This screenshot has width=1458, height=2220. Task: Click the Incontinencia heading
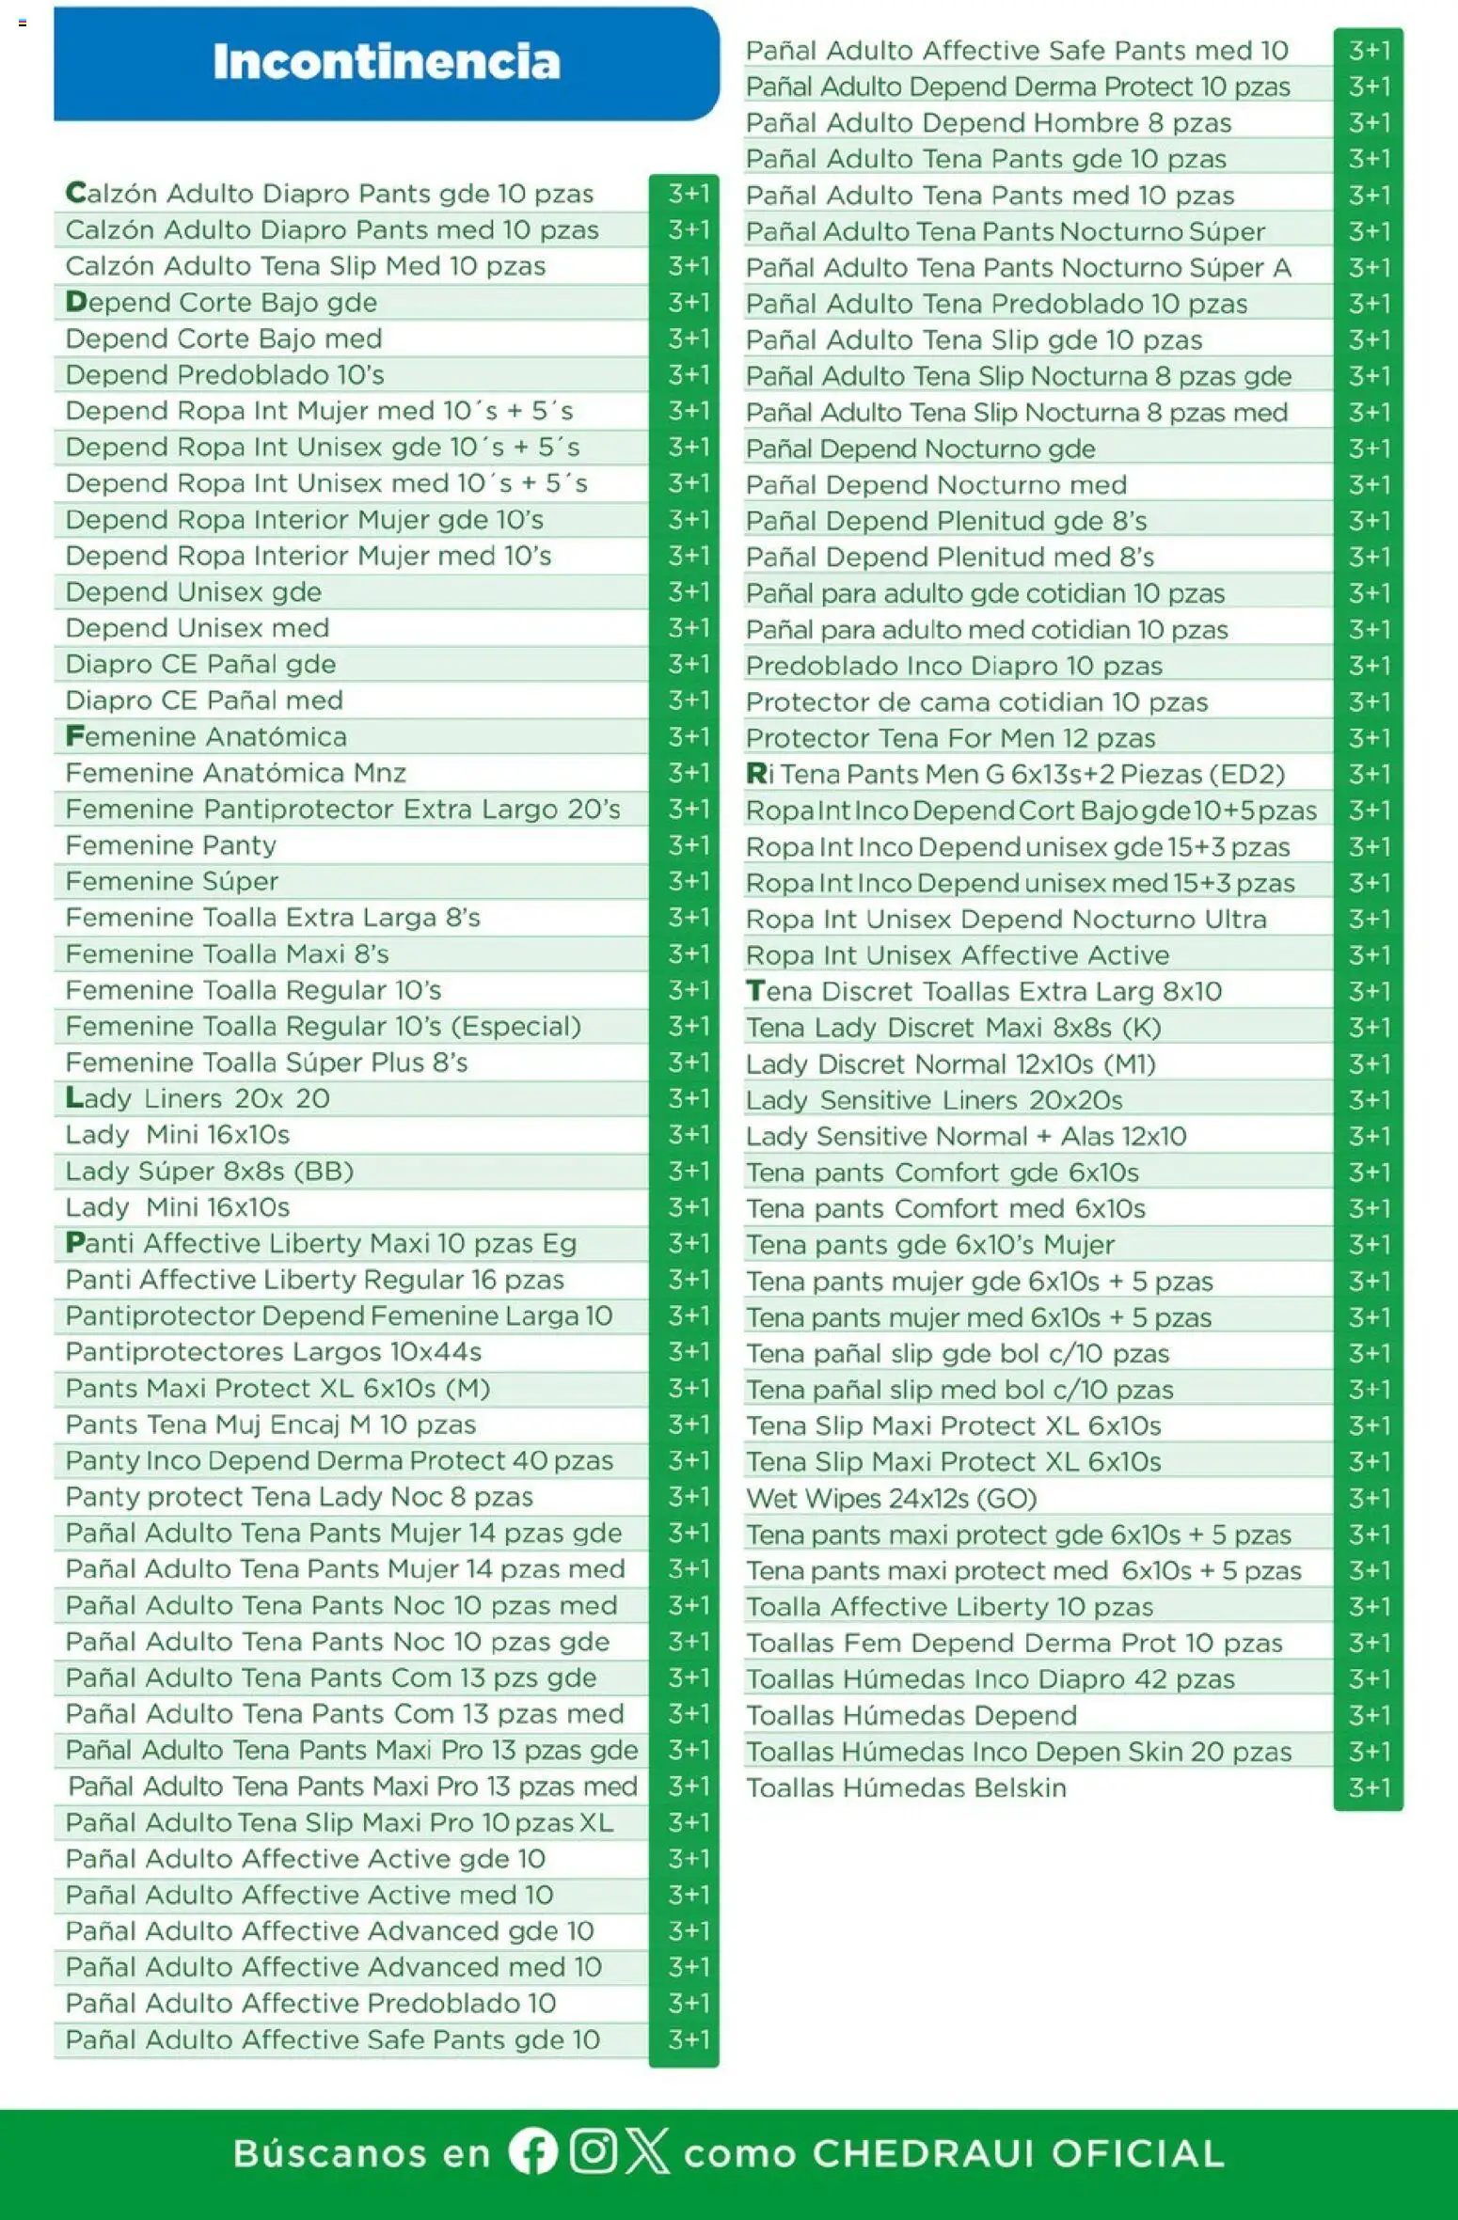pos(386,62)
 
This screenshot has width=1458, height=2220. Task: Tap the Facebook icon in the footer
pos(533,2151)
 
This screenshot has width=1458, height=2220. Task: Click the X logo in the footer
pos(648,2151)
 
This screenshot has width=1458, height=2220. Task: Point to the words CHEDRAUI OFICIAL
pos(1018,2153)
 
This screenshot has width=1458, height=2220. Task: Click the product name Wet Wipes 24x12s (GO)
pos(891,1498)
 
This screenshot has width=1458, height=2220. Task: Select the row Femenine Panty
pos(170,845)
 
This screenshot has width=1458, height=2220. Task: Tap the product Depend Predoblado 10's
pos(225,375)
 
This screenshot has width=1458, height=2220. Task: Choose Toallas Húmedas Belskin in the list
pos(906,1787)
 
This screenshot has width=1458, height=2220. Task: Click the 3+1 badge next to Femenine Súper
pos(688,881)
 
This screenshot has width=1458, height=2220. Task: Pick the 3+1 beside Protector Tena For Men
pos(1369,738)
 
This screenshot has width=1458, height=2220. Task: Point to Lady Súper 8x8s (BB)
pos(209,1172)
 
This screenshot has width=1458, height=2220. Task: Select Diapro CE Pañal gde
pos(200,665)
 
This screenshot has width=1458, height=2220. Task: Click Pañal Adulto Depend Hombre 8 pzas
pos(988,123)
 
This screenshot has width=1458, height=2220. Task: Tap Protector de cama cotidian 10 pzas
pos(976,702)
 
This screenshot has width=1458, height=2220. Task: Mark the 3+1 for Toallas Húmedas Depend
pos(1369,1715)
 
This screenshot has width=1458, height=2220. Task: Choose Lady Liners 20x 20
pos(198,1098)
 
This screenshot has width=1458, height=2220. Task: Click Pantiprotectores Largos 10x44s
pos(273,1352)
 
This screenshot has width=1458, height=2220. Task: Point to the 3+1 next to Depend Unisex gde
pos(688,592)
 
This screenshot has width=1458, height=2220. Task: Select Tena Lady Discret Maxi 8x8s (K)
pos(953,1028)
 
